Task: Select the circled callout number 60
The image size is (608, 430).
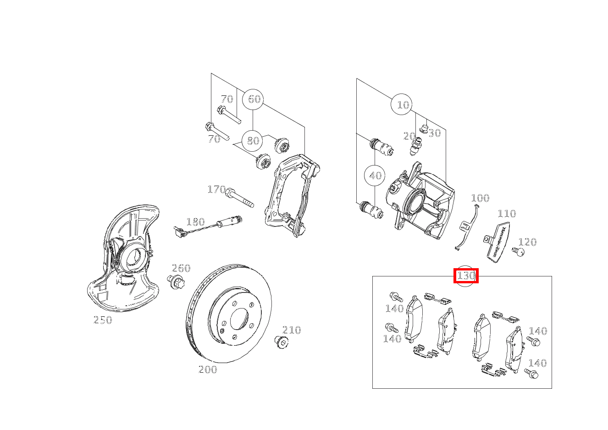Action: click(253, 99)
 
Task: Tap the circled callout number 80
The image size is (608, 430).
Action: click(253, 141)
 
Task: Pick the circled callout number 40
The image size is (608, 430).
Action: click(375, 176)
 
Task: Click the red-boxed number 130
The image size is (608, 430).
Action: click(466, 276)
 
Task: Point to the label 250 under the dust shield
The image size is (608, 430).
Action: click(103, 320)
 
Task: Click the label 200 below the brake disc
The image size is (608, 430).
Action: click(208, 369)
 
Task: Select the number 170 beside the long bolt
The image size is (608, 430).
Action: click(216, 189)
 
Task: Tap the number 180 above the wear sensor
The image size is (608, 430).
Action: click(195, 222)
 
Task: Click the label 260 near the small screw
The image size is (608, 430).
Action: click(181, 268)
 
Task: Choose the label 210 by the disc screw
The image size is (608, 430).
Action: click(292, 330)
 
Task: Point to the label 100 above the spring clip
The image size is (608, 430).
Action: click(480, 198)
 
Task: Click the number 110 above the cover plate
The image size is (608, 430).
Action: click(507, 214)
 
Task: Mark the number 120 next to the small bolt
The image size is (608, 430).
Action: click(527, 242)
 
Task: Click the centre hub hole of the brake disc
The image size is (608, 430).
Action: click(239, 320)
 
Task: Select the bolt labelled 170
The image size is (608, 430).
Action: click(239, 197)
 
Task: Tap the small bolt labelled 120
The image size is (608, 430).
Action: click(518, 251)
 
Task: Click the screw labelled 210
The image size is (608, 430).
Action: click(281, 342)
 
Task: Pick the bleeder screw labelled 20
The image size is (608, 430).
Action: click(415, 146)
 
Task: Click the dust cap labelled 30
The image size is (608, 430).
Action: click(424, 128)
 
